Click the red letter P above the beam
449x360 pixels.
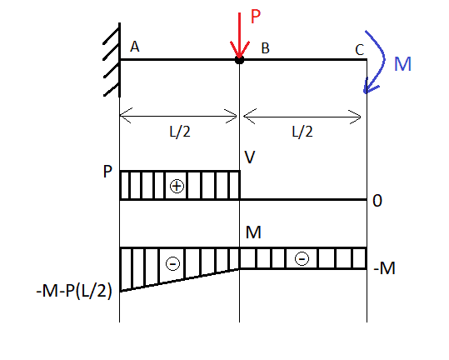pyautogui.click(x=256, y=17)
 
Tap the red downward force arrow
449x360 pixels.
pyautogui.click(x=239, y=36)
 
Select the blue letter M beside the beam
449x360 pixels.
pyautogui.click(x=402, y=64)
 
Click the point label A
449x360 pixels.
pyautogui.click(x=135, y=47)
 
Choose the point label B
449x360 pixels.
pyautogui.click(x=266, y=48)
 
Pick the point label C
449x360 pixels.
pyautogui.click(x=359, y=50)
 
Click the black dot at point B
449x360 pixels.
pyautogui.click(x=239, y=60)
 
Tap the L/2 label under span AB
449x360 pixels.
pyautogui.click(x=180, y=132)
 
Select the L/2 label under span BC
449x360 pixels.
pyautogui.click(x=302, y=132)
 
